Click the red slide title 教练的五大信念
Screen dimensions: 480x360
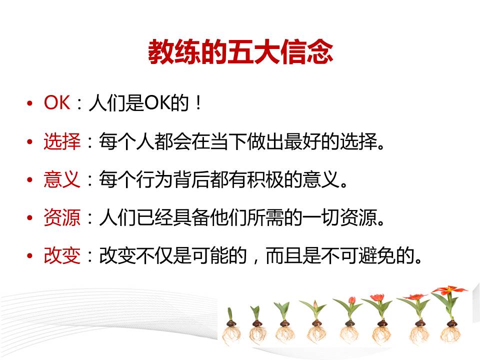coord(240,51)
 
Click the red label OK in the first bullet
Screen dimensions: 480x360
coord(57,102)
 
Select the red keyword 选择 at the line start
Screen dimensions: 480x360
coord(62,141)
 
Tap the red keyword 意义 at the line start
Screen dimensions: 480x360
coord(62,179)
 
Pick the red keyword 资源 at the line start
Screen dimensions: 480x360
coord(62,217)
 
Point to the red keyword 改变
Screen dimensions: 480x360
coord(62,255)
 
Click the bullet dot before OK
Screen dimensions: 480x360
coord(29,103)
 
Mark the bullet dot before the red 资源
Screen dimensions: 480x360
coord(29,218)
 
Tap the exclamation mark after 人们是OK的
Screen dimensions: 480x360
coord(198,102)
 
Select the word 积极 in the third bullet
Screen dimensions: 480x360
coord(265,179)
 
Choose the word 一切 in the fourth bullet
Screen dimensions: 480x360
coord(321,217)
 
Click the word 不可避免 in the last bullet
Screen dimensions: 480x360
coord(358,255)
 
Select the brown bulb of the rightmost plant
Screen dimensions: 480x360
coord(450,323)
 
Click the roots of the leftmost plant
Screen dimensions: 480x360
coord(231,335)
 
